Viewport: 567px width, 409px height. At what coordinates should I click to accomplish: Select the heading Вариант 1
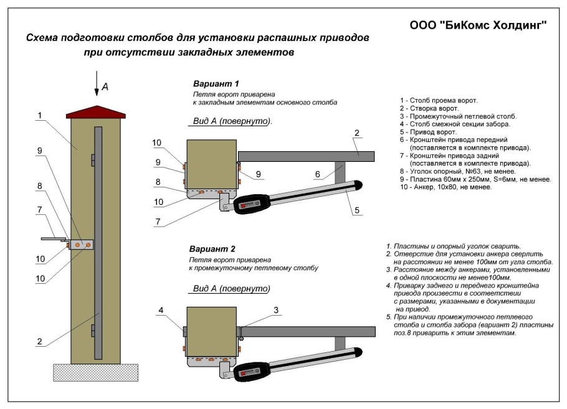pos(216,83)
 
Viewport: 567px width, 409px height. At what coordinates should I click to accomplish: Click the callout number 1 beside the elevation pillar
pos(39,115)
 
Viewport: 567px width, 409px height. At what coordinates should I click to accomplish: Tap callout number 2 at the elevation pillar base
pos(39,341)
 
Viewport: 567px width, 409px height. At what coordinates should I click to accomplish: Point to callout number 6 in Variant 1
pos(318,176)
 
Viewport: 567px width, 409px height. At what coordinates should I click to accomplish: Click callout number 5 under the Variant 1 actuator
pos(357,210)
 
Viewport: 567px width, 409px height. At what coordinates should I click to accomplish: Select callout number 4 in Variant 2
pos(160,310)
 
